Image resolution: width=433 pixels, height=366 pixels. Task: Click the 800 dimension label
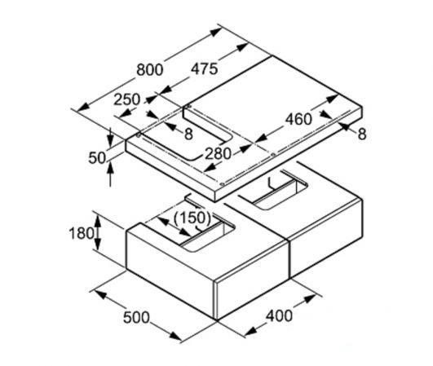pos(150,70)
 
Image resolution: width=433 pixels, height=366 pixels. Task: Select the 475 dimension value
pos(205,68)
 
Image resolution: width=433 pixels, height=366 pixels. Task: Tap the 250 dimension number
pos(127,99)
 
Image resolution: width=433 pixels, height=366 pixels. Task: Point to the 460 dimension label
pos(298,119)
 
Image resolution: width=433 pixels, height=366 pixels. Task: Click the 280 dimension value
pos(218,154)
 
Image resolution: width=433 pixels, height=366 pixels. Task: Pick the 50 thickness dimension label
pos(97,158)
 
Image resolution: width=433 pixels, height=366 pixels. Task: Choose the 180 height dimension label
pos(82,233)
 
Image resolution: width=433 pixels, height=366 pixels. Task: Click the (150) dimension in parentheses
pos(192,218)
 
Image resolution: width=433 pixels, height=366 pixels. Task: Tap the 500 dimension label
pos(136,317)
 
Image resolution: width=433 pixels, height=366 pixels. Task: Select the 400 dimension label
pos(279,315)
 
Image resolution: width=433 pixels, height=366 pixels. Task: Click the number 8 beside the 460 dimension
pos(362,134)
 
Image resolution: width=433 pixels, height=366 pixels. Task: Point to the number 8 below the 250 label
pos(188,134)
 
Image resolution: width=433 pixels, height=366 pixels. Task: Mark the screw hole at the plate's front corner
pos(223,184)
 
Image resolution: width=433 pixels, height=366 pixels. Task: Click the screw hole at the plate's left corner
pos(139,135)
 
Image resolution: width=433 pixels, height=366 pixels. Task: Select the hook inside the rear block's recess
pos(272,183)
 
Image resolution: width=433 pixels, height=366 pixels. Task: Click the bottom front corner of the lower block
pos(217,320)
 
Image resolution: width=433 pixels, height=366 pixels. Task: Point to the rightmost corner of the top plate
pos(362,108)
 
